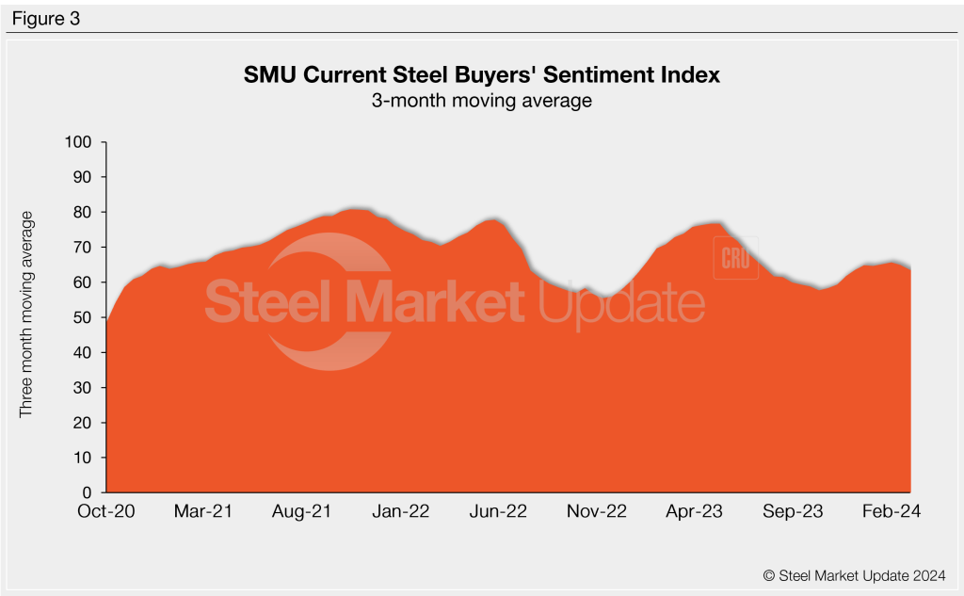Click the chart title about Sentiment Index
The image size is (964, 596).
coord(482,75)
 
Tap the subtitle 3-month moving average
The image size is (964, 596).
coord(482,101)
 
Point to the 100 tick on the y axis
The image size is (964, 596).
coord(80,142)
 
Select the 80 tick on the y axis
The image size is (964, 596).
coord(84,213)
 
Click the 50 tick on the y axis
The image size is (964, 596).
coord(84,318)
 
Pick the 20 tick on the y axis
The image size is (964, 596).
coord(84,423)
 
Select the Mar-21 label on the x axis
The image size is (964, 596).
coord(204,512)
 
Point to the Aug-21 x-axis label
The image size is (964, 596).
coord(303,512)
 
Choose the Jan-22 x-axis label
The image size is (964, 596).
coord(401,512)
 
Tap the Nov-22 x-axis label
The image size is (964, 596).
coord(597,512)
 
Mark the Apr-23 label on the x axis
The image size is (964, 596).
coord(695,512)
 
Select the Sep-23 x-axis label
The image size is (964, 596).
coord(794,512)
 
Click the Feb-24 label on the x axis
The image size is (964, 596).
coord(892,512)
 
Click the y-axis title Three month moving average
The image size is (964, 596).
coord(27,314)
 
